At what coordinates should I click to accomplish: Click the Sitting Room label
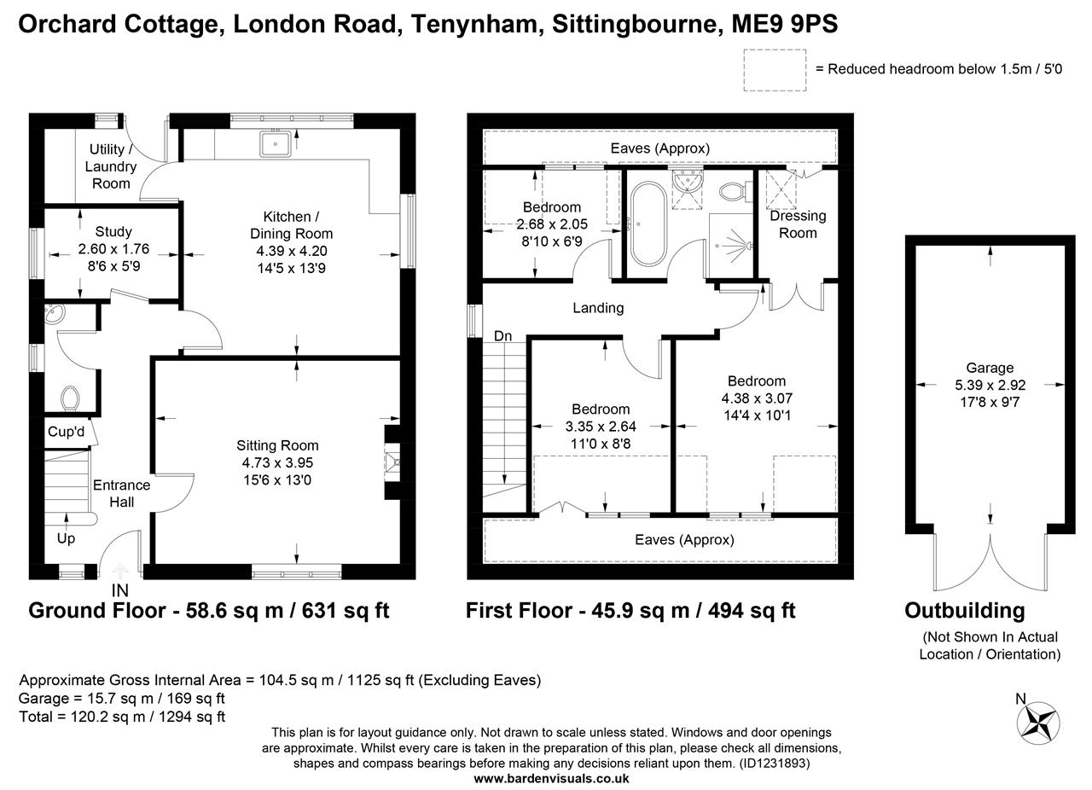(277, 445)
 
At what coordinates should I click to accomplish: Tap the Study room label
(113, 231)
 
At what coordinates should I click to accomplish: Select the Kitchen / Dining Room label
(291, 225)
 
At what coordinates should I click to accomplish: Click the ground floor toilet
(70, 398)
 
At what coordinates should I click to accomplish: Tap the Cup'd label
(66, 432)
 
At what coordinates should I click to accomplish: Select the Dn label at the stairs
(502, 336)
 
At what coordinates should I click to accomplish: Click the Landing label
(597, 308)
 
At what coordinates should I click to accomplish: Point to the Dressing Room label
(798, 224)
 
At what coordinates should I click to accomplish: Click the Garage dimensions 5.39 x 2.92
(990, 386)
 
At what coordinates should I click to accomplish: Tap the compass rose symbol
(1038, 723)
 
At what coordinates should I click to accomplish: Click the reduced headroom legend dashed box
(774, 69)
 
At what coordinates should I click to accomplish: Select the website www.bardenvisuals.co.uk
(551, 778)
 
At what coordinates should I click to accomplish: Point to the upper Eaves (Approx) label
(659, 148)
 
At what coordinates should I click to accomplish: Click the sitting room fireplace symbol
(392, 463)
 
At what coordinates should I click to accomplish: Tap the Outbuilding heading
(964, 611)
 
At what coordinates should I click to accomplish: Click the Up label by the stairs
(66, 538)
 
